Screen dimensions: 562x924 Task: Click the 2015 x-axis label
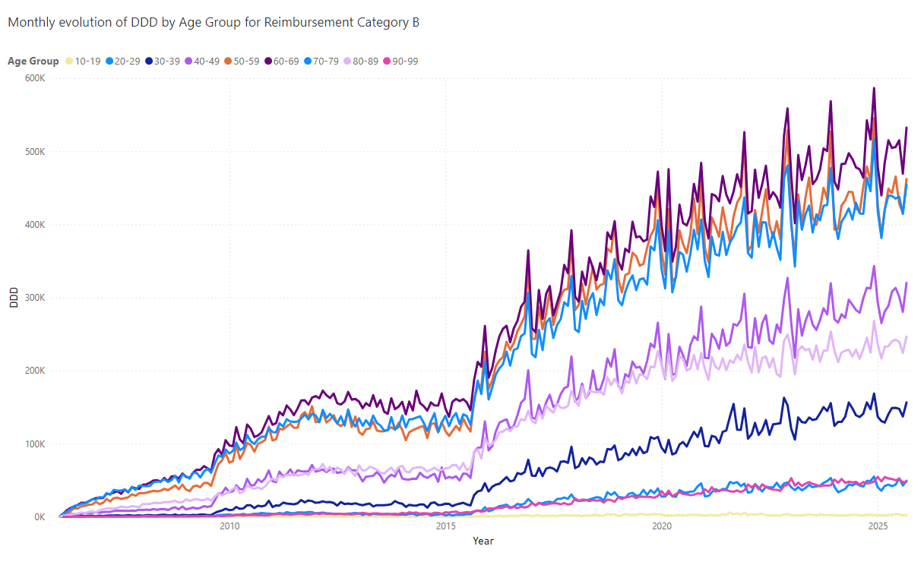click(445, 526)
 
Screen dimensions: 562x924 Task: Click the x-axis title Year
click(483, 541)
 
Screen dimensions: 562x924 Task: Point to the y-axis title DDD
click(14, 298)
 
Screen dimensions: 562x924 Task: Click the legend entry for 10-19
click(84, 61)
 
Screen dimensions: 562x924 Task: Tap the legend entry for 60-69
click(283, 61)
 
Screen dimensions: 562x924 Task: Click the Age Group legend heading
click(33, 61)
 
